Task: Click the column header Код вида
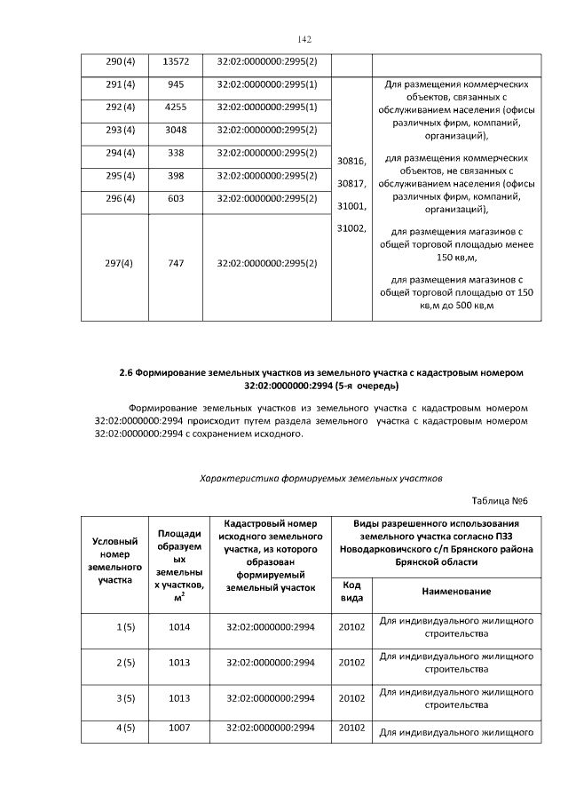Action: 351,591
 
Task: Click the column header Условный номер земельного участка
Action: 116,561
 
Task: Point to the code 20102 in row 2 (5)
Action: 351,662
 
